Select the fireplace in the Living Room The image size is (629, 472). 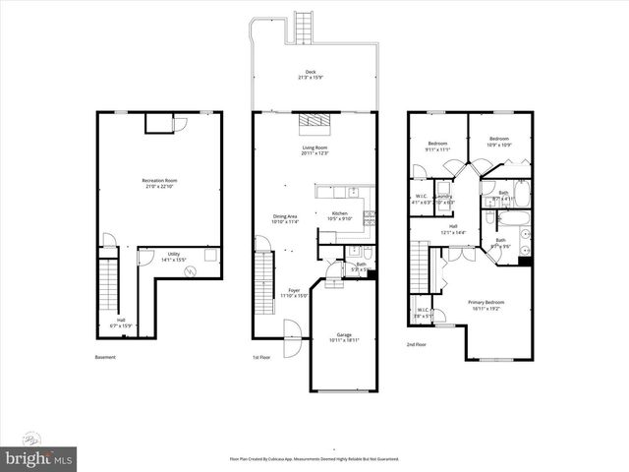point(314,122)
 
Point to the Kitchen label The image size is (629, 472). point(339,215)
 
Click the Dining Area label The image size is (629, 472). point(285,219)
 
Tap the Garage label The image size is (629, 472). point(344,337)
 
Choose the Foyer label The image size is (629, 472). point(294,292)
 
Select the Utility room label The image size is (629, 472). point(173,258)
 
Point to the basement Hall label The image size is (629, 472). point(121,322)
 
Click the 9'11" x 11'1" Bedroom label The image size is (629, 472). point(436,146)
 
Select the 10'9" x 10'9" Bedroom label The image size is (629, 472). point(499,142)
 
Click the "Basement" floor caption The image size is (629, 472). point(105,357)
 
